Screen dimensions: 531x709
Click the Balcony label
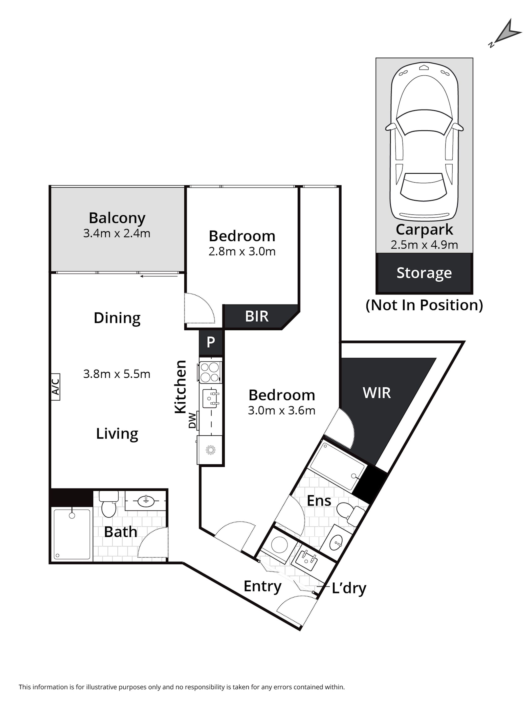coord(117,218)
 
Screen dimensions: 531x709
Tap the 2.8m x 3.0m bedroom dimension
coord(242,251)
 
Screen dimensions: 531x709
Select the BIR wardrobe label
coord(256,316)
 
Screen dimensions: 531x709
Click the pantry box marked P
coord(211,342)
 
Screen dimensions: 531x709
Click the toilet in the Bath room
coord(109,504)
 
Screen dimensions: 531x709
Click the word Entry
coord(262,586)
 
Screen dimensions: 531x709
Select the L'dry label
coord(349,588)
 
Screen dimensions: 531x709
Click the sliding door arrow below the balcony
coord(159,276)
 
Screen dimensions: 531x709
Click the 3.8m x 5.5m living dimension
coord(117,374)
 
